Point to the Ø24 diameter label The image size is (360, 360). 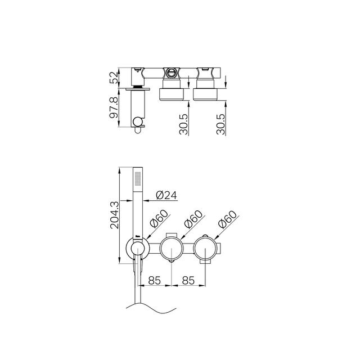pos(166,195)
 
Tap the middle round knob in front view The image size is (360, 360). pos(171,248)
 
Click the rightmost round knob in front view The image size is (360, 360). pos(207,248)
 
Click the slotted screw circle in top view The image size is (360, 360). pos(171,72)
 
